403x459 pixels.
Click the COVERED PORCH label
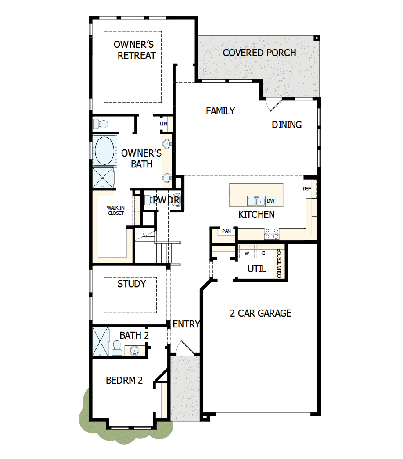(x=259, y=53)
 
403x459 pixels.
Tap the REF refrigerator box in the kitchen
(x=307, y=189)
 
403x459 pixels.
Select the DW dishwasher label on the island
(x=271, y=201)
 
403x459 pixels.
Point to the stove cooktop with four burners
(x=271, y=234)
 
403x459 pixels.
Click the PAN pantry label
(x=227, y=231)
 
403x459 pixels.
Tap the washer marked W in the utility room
(x=247, y=253)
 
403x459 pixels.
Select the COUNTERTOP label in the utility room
(x=279, y=264)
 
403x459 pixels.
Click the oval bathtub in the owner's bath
(x=104, y=150)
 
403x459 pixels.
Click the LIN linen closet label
(x=164, y=124)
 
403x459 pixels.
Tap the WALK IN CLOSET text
(x=115, y=210)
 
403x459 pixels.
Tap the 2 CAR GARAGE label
(x=261, y=313)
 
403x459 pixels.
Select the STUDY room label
(x=131, y=284)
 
